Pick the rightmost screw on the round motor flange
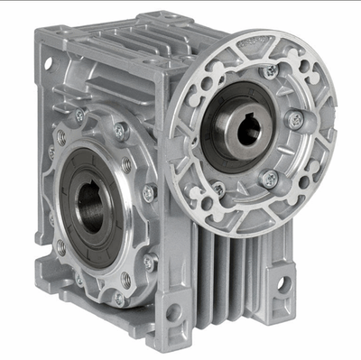294,119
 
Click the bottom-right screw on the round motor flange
269,178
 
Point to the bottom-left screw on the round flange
218,189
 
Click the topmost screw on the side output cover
120,133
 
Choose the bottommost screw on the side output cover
118,298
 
